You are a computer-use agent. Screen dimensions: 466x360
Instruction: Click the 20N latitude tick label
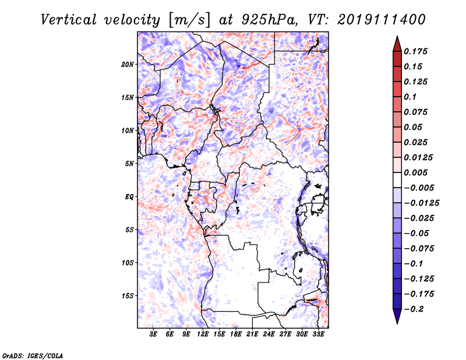pos(127,65)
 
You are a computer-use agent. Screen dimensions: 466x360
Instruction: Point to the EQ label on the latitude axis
pos(129,197)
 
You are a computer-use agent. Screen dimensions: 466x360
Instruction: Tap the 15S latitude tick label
pos(127,296)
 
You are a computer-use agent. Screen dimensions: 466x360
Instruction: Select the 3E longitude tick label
pos(153,334)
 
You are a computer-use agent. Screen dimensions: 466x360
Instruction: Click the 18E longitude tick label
pos(236,334)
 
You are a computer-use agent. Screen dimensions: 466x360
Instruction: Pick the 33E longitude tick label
pos(318,334)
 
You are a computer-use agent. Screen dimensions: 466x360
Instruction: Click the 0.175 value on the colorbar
pos(415,51)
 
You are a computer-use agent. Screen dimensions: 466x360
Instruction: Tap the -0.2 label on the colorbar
pos(414,309)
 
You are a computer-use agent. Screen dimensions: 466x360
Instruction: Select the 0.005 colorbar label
pos(415,172)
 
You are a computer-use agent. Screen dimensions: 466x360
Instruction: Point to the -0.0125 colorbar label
pos(421,203)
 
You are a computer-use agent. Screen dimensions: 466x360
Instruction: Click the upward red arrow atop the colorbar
pos(397,44)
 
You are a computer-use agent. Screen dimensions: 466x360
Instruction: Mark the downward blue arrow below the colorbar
pos(397,316)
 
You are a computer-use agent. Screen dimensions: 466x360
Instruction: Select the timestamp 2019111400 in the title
pos(382,20)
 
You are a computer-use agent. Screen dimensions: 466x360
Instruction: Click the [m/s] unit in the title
pos(189,20)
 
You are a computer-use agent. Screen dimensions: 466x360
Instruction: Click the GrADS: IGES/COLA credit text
pos(33,356)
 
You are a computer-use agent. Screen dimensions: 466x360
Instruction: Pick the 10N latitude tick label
pos(127,130)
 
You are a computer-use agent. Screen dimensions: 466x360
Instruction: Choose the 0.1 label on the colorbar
pos(410,97)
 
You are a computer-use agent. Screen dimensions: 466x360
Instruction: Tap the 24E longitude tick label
pos(269,334)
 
